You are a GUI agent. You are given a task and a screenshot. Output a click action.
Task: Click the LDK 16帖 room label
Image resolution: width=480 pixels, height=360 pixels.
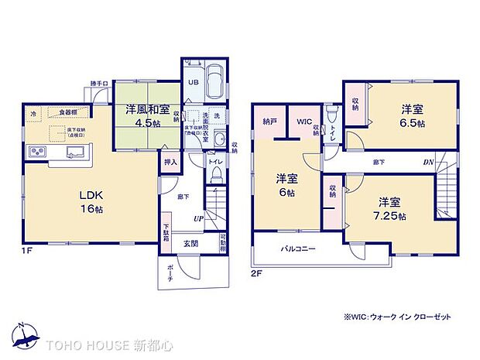click(74, 201)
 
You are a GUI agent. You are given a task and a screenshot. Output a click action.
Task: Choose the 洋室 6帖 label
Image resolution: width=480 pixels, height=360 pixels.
click(286, 185)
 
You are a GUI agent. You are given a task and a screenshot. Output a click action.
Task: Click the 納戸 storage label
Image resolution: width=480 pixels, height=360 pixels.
click(269, 122)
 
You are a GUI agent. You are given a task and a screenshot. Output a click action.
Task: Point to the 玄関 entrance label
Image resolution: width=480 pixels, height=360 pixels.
click(190, 242)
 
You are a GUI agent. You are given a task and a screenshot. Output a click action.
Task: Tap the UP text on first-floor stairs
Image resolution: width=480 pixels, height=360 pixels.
click(199, 219)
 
